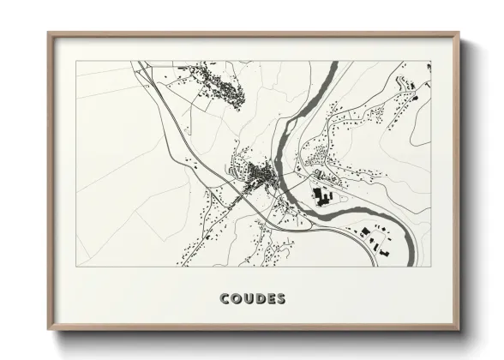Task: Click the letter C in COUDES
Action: (225, 299)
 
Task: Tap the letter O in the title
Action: (237, 299)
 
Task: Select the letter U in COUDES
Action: (249, 299)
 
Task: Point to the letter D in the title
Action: (260, 299)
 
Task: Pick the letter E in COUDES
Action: (271, 299)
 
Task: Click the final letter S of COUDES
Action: (281, 299)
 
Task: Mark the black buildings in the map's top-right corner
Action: (412, 83)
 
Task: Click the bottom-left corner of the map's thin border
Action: (76, 267)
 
